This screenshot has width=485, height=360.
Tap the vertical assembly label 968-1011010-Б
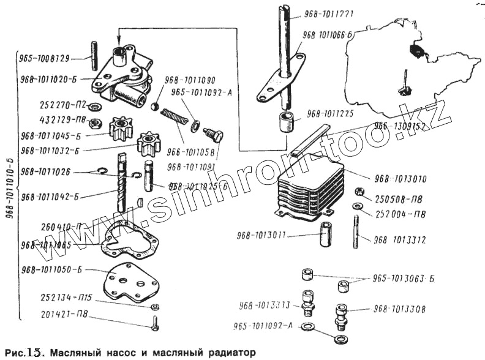point(8,184)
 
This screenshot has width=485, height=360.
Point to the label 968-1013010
point(400,179)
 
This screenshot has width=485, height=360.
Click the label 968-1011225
point(331,114)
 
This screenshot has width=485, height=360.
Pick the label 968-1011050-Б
point(51,269)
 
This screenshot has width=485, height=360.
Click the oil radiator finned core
point(306,184)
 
